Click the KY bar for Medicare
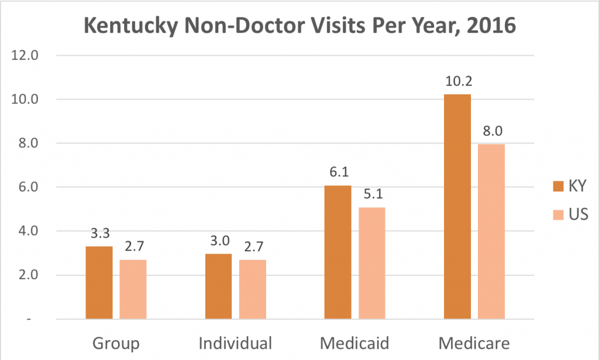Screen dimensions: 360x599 457,207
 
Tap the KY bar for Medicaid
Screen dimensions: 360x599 337,252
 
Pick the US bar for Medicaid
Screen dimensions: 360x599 371,263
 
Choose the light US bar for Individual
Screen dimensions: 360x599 253,289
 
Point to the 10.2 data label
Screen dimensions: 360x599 457,81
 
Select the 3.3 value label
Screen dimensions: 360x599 99,233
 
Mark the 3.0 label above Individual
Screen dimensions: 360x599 218,240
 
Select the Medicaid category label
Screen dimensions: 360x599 354,342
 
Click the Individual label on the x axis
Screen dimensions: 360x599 235,342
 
